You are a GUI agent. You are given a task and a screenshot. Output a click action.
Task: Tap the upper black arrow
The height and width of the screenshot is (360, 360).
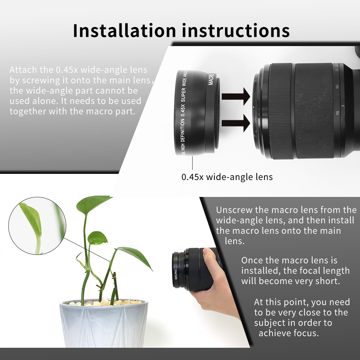coord(236,96)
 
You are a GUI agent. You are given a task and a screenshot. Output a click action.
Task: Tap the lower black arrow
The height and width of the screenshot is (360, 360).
coord(236,123)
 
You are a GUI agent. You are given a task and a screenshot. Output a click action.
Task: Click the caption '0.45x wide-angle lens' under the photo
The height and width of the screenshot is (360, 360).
coord(227,177)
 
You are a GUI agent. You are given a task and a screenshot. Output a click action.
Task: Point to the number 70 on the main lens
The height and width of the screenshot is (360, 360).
coord(337,113)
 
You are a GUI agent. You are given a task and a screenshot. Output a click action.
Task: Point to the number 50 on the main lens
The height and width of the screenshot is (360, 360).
coord(337,87)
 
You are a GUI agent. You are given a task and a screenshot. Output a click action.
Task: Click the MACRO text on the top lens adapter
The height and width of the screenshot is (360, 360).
coord(211,79)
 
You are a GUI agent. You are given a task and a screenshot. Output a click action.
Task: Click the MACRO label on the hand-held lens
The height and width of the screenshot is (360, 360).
coord(176,275)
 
